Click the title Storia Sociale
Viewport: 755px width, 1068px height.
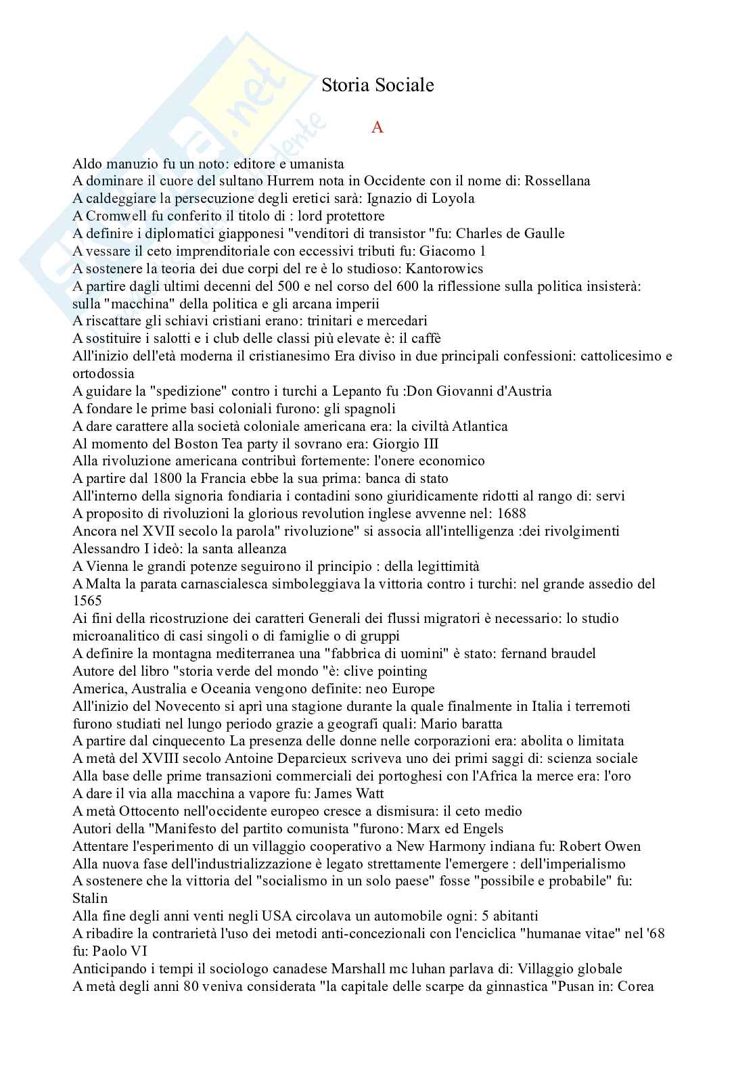[x=377, y=85]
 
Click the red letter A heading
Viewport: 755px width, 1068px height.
[x=377, y=127]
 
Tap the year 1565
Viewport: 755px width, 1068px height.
[x=87, y=601]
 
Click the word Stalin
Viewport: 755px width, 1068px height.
[x=90, y=898]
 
